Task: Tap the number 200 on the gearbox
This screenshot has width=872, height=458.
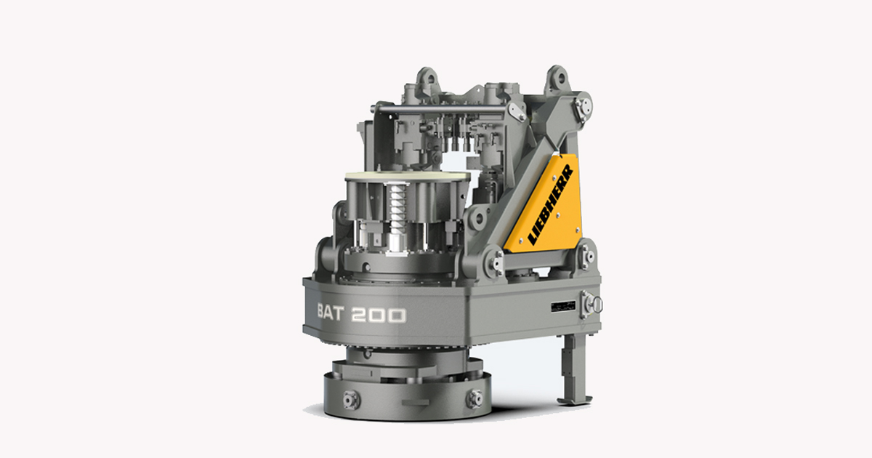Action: pos(380,315)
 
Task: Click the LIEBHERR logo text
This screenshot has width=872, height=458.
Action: pos(551,204)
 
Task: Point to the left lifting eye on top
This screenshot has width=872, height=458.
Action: pos(427,76)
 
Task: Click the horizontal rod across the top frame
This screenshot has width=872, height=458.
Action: pos(443,109)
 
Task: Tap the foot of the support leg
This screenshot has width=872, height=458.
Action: pos(573,398)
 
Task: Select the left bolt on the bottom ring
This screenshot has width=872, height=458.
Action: pos(351,398)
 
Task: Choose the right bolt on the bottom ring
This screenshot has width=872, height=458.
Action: pos(475,398)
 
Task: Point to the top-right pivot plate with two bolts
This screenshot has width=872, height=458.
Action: pos(582,107)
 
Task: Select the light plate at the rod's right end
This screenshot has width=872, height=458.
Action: pos(517,111)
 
